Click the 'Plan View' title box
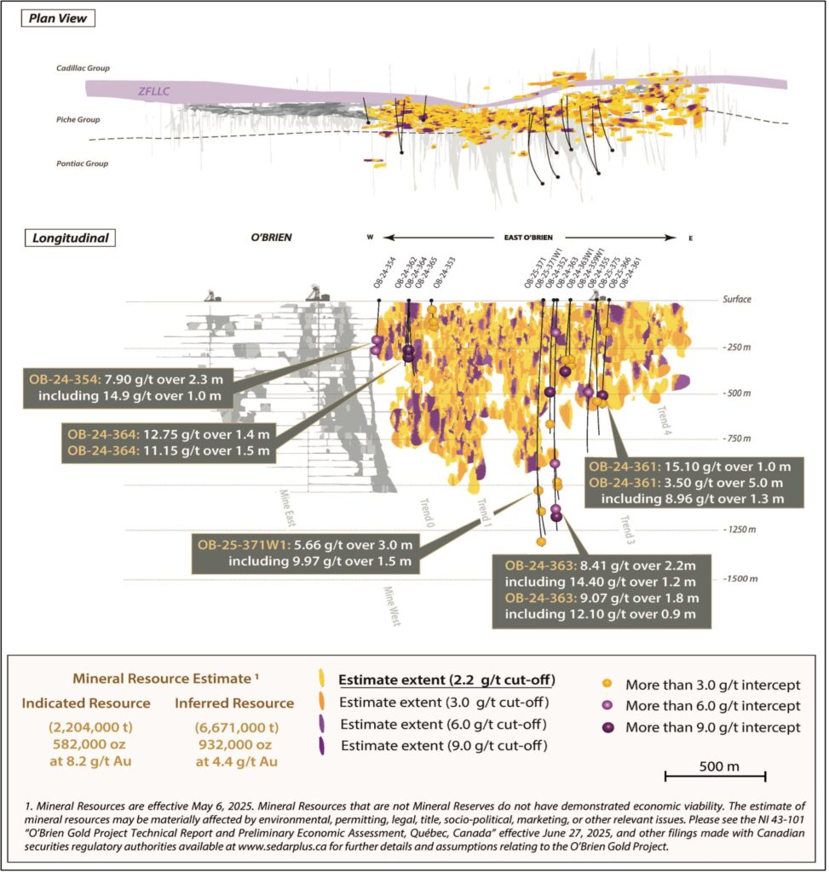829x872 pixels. coord(59,18)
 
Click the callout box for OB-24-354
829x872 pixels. coord(129,386)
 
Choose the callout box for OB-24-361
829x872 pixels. coord(691,482)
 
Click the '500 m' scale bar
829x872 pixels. coord(715,775)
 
